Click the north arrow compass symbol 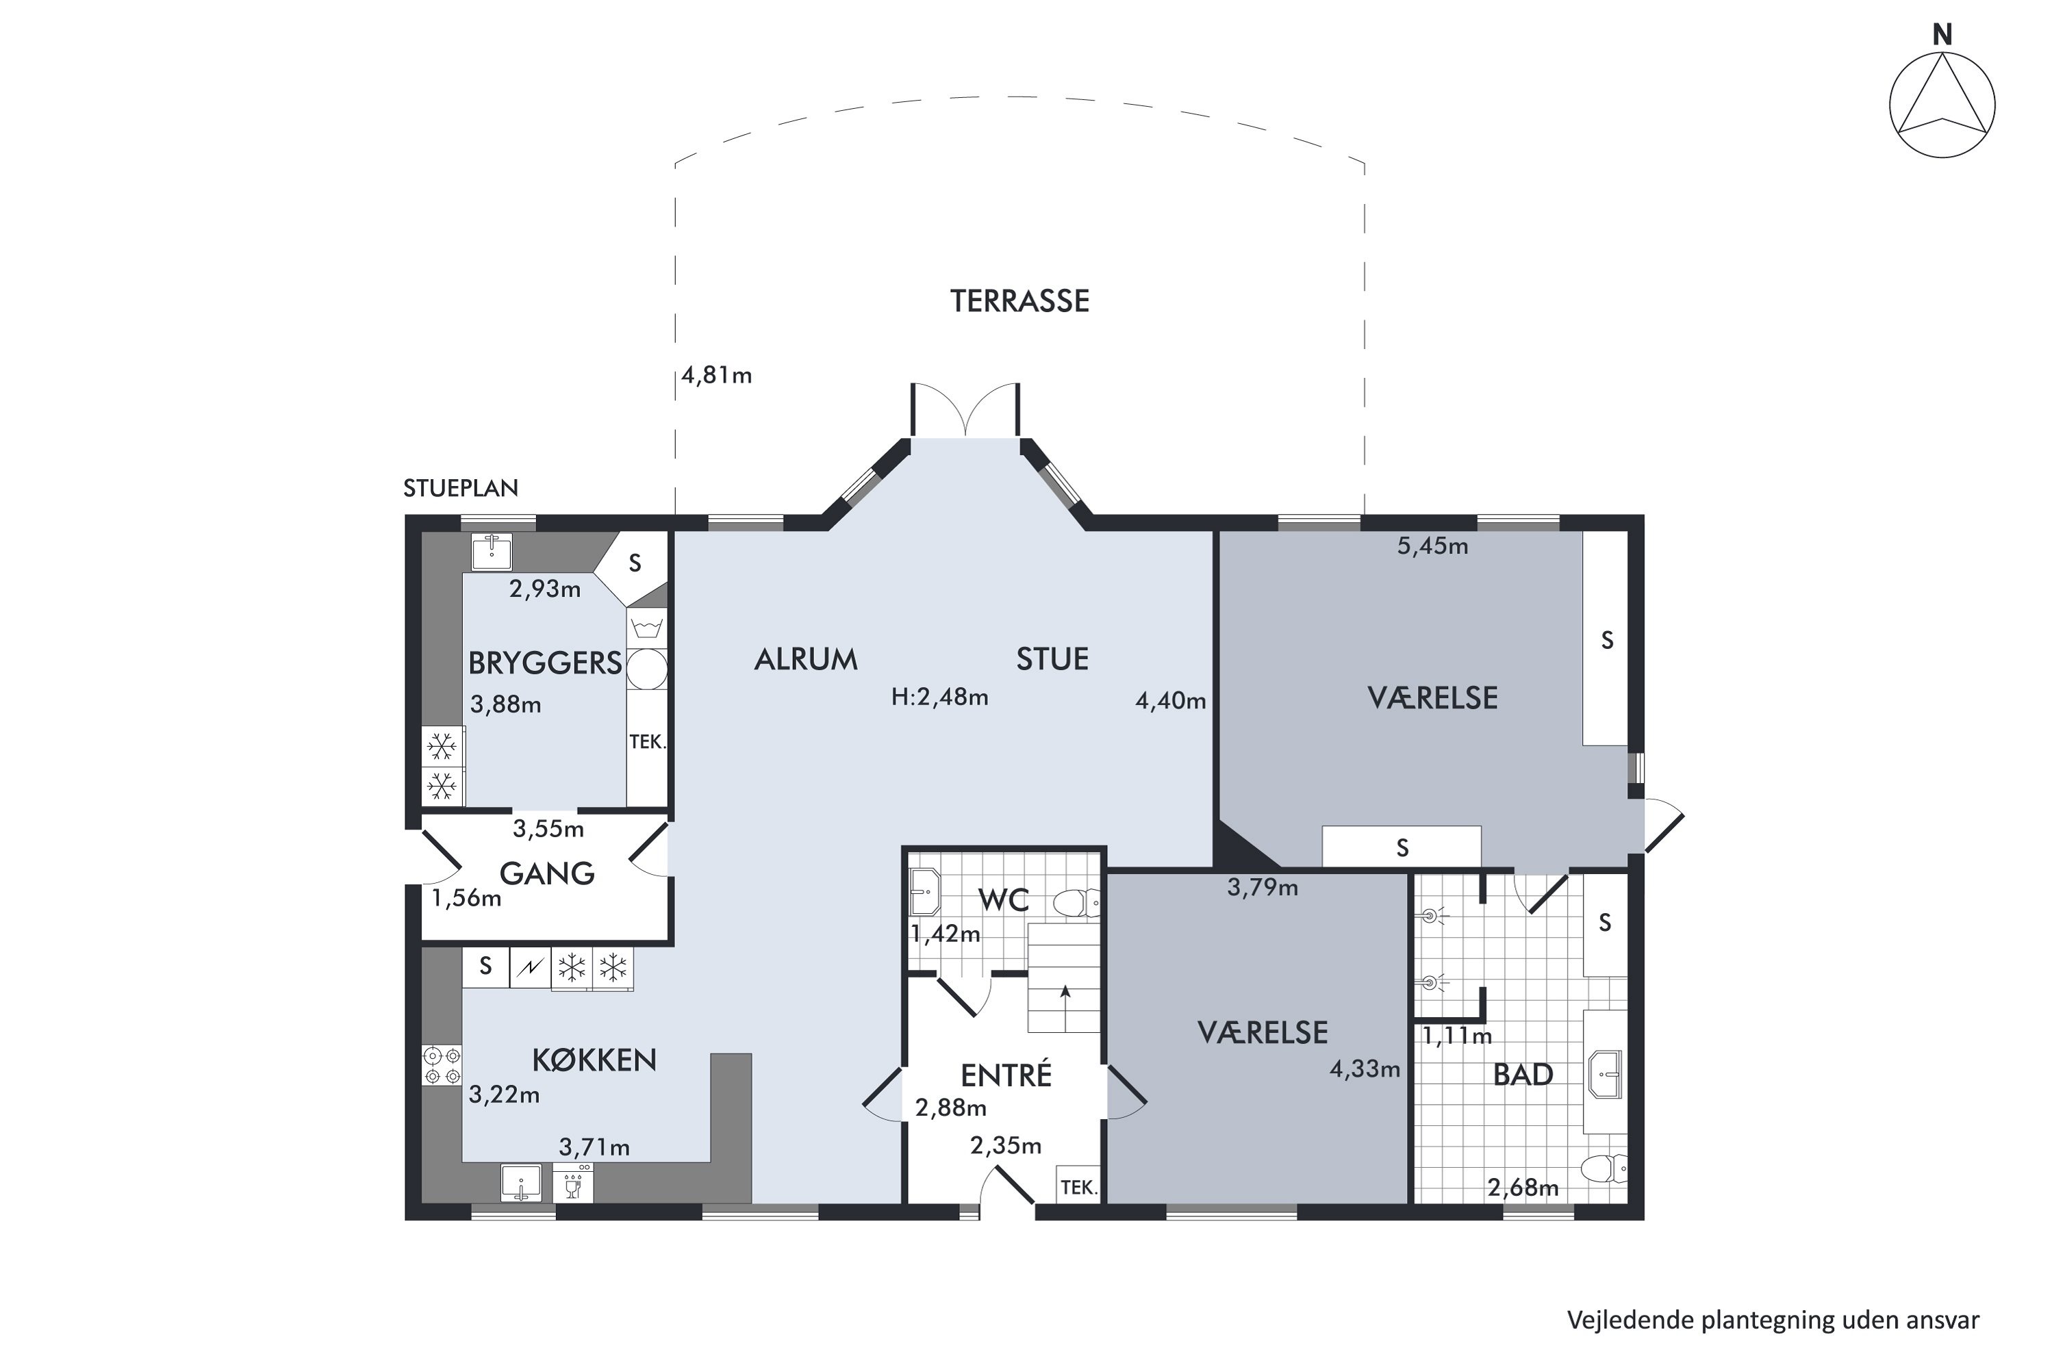1942,104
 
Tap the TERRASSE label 1019,301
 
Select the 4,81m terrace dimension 716,375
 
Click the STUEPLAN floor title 460,488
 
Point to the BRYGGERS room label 545,663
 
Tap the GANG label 546,873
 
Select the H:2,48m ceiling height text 939,697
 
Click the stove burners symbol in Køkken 442,1065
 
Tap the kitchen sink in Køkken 520,1183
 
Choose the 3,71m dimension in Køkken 594,1147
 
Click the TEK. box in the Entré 1078,1186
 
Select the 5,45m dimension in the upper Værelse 1432,546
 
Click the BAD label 1523,1075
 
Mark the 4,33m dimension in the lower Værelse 1364,1069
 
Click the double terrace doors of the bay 965,410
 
